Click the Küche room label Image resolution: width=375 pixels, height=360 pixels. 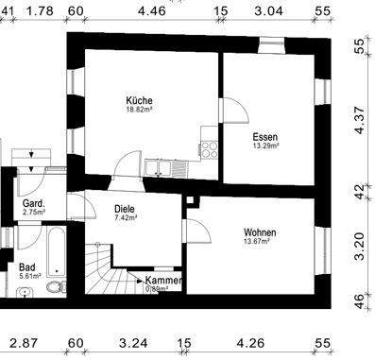pos(139,100)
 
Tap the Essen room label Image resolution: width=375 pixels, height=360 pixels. pos(265,136)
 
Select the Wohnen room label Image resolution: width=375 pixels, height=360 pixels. pos(260,232)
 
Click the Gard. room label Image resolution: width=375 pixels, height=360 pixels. pos(33,203)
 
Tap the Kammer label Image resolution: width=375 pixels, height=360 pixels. pos(162,281)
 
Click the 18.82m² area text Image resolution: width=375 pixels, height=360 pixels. pos(139,110)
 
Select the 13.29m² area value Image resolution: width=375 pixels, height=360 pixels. pos(265,146)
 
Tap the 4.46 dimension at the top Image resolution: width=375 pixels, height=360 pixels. pos(150,12)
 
